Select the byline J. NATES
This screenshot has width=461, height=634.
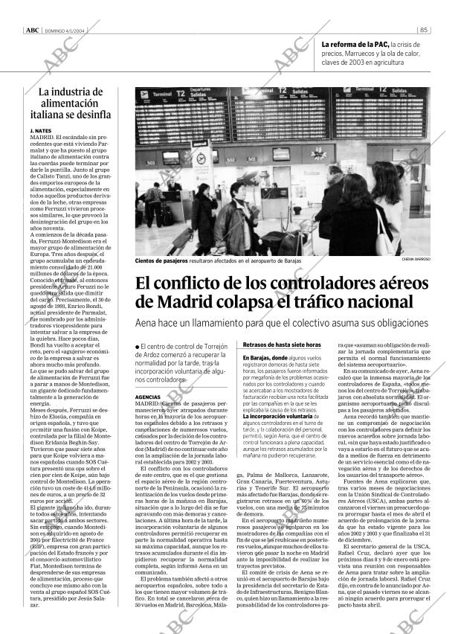(42, 130)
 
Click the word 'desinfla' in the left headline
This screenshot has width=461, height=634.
(91, 115)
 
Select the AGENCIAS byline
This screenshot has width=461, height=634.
(149, 398)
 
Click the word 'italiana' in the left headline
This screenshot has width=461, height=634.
(51, 115)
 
